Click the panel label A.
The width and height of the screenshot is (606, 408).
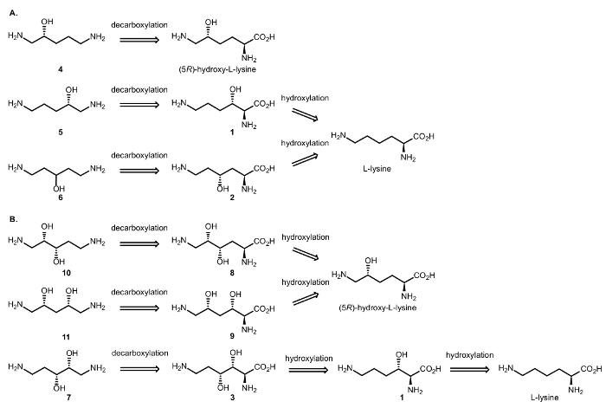point(14,13)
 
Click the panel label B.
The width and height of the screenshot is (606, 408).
point(14,219)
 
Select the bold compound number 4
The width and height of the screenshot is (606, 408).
point(61,69)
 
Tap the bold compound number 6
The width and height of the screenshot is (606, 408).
point(61,198)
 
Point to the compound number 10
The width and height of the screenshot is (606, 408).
point(66,273)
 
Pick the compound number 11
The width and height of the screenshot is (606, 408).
point(66,337)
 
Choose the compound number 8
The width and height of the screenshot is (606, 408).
point(232,273)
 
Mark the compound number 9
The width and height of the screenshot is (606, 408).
point(232,336)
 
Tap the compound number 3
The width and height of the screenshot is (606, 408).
point(232,398)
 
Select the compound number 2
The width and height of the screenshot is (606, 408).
point(232,198)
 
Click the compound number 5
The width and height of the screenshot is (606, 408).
point(61,133)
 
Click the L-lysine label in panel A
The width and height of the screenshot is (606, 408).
point(377,169)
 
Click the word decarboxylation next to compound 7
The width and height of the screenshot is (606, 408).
point(139,353)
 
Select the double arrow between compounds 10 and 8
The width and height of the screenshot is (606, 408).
point(139,243)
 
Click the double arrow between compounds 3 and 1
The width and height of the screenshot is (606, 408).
point(308,369)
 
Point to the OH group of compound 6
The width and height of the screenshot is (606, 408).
point(59,189)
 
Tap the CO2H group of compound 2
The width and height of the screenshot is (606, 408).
point(264,169)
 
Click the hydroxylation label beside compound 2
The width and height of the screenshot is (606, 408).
point(305,143)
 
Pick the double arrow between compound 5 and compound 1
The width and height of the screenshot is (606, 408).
point(139,105)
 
